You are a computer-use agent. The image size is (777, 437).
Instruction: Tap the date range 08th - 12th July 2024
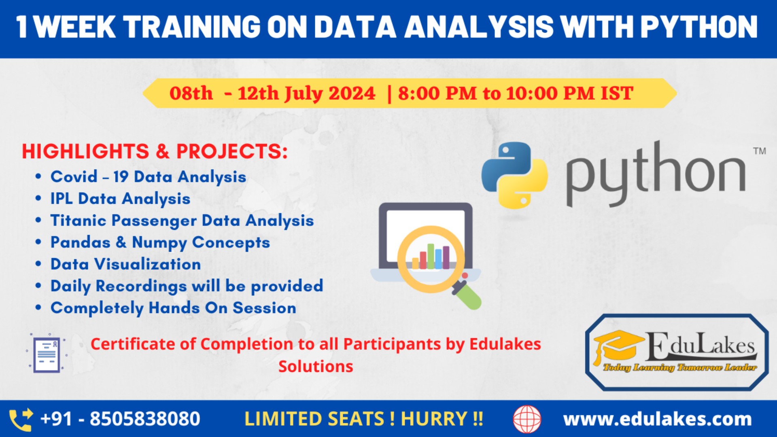pyautogui.click(x=272, y=93)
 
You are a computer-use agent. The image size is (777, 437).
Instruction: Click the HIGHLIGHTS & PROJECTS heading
pyautogui.click(x=155, y=152)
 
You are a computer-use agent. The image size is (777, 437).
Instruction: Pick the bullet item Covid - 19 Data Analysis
pyautogui.click(x=148, y=177)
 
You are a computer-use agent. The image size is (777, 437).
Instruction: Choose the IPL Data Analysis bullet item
pyautogui.click(x=120, y=199)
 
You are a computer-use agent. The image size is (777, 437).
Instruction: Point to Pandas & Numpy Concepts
pyautogui.click(x=160, y=242)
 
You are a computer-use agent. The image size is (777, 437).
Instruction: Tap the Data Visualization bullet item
pyautogui.click(x=125, y=264)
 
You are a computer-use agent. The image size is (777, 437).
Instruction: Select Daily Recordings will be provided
pyautogui.click(x=187, y=286)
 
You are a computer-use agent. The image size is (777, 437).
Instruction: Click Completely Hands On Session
pyautogui.click(x=173, y=308)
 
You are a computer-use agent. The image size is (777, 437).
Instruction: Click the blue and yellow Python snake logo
pyautogui.click(x=514, y=175)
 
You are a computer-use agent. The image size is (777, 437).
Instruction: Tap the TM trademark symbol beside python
pyautogui.click(x=759, y=151)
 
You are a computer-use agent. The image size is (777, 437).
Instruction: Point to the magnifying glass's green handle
pyautogui.click(x=469, y=297)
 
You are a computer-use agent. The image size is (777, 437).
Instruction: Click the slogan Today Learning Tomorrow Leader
pyautogui.click(x=680, y=367)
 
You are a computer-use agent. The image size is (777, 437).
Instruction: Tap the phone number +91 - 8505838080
pyautogui.click(x=120, y=419)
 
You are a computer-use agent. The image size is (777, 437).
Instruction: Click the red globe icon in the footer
pyautogui.click(x=527, y=419)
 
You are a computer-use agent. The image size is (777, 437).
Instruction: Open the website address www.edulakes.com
pyautogui.click(x=657, y=419)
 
